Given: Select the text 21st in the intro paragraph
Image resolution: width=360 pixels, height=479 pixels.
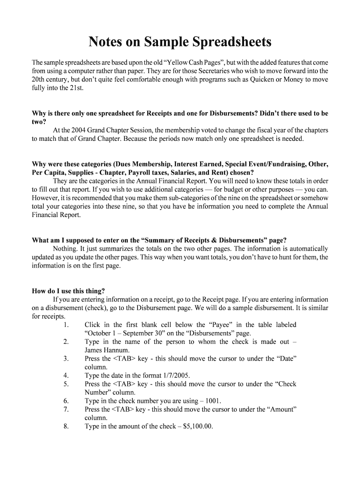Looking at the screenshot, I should click(x=76, y=88).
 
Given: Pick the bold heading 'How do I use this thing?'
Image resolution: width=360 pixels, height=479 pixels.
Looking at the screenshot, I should click(x=68, y=290).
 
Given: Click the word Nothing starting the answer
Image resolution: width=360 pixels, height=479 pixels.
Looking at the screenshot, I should click(x=65, y=249).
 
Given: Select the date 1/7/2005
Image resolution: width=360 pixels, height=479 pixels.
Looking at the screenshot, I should click(x=174, y=375).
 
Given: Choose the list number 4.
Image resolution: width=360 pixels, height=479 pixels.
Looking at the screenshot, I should click(x=66, y=375).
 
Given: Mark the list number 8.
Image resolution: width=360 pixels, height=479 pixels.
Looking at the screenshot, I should click(x=66, y=426).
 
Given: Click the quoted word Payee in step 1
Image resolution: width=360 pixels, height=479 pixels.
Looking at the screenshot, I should click(x=219, y=325).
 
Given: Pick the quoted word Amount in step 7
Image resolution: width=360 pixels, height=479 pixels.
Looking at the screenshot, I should click(x=281, y=409).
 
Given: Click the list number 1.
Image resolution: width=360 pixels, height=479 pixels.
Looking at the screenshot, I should click(x=66, y=325).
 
